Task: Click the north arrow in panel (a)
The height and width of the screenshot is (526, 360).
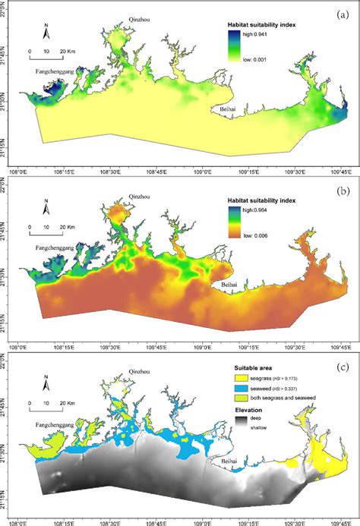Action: [46, 32]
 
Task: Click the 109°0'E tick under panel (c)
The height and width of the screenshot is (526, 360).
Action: [204, 521]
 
